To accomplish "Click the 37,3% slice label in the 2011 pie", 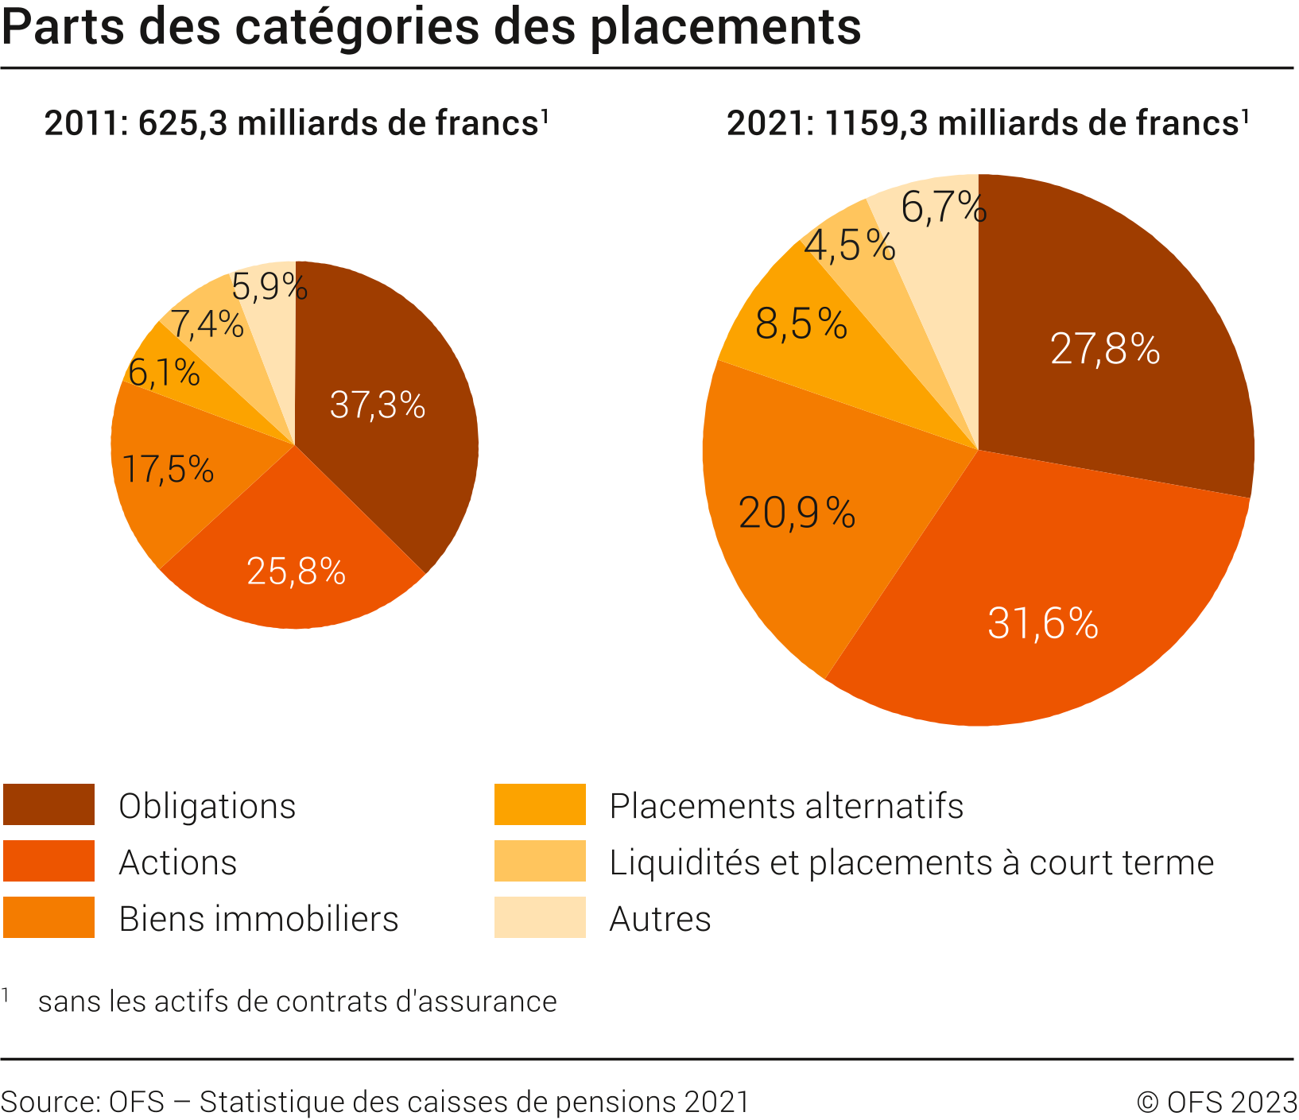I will coord(378,405).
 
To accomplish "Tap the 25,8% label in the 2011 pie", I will coord(296,571).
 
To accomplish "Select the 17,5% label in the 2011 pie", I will coord(169,469).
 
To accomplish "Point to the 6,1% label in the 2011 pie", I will coord(164,372).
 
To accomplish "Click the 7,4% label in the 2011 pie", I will coord(207,324).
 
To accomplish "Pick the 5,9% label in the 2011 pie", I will coord(269,286).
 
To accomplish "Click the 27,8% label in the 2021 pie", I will coord(1105,349).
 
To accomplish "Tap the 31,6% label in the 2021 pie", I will coord(1043,623).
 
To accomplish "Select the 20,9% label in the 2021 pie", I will coord(797,513).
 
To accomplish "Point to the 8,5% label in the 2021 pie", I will coord(801,324).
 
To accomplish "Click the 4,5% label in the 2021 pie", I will coord(850,245).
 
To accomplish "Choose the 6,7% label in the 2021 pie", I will coord(944,208).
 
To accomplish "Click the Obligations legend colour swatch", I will coord(48,804).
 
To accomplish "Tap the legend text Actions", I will coord(178,862).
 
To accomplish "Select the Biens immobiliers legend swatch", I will coord(48,917).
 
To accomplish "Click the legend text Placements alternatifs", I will coord(786,806).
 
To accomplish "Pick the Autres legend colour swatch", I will coord(540,917).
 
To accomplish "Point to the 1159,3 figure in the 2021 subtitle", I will coord(876,124).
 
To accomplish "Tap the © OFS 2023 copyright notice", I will coord(1216,1103).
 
